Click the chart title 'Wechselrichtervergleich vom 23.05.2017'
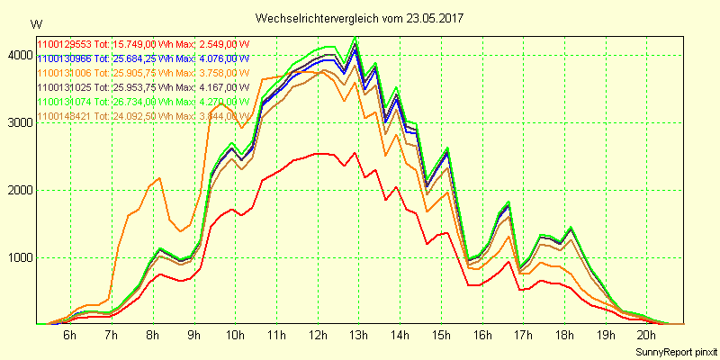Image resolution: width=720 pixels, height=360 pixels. pyautogui.click(x=360, y=18)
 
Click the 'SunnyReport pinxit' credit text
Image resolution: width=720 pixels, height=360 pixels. pyautogui.click(x=675, y=350)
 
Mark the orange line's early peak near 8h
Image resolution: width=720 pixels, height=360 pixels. pyautogui.click(x=159, y=178)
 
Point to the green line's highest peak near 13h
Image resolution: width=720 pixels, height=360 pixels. pyautogui.click(x=356, y=37)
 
